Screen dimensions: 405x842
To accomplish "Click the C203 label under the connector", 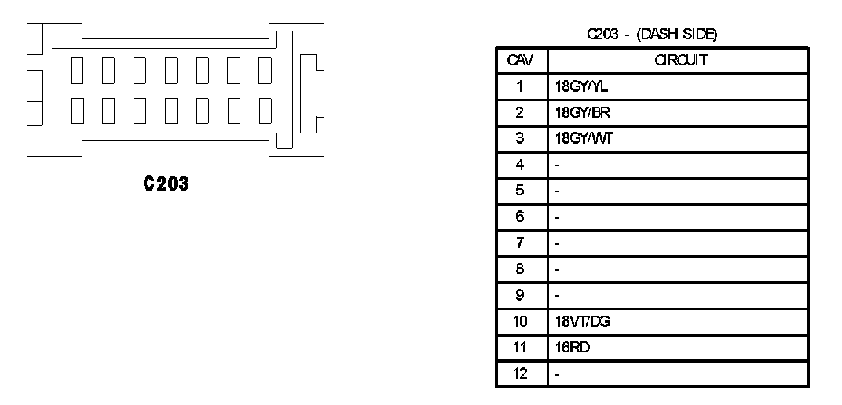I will tap(166, 184).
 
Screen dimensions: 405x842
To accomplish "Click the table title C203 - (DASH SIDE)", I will tap(652, 34).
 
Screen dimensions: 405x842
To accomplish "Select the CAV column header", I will tap(520, 60).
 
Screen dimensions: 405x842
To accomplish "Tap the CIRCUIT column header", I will tap(676, 60).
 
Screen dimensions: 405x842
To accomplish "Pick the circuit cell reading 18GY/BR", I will tap(573, 112).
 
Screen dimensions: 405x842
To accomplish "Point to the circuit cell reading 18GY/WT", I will tap(573, 138).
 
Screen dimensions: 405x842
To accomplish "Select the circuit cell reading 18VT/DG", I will tap(577, 321).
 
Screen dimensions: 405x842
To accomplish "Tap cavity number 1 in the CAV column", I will tap(520, 86).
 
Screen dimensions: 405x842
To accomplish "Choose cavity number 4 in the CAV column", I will tap(520, 165).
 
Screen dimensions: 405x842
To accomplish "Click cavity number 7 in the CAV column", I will tap(520, 243).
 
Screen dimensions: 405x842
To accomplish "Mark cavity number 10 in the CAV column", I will tap(520, 321).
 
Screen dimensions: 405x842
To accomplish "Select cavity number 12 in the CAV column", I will tap(520, 373).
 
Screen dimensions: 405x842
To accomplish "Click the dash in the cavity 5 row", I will tap(557, 191).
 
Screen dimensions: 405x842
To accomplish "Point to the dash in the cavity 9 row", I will tap(557, 295).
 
